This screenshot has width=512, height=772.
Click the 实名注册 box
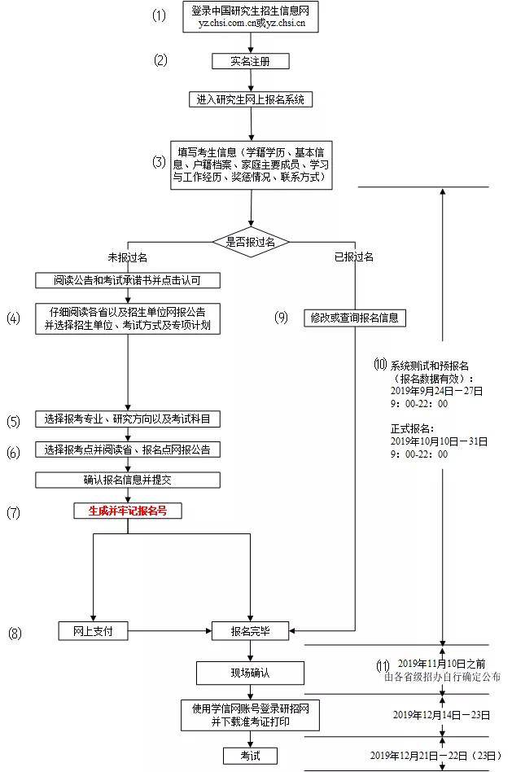coord(250,61)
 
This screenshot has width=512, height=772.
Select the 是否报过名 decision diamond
coord(251,242)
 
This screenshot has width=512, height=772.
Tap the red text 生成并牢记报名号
coord(128,511)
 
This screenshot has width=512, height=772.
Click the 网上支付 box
coord(93,630)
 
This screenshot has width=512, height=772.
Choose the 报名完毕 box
coord(250,630)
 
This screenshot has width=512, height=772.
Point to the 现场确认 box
coord(250,673)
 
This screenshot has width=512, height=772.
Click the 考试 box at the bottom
coord(250,756)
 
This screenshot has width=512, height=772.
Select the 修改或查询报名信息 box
coord(354,318)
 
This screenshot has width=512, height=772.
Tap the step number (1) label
coord(160,15)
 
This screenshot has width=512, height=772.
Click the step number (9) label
coord(282,318)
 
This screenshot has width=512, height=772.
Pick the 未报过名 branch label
coord(128,257)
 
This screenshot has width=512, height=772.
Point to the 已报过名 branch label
coord(353,257)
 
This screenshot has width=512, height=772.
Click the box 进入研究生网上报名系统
coord(250,99)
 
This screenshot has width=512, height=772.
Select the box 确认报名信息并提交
coord(128,480)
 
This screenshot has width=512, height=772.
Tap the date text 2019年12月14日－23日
coord(441,715)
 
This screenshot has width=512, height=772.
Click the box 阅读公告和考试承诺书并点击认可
coord(128,280)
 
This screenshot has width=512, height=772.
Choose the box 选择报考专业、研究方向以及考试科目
coord(128,419)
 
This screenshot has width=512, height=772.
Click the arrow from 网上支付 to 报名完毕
coord(167,630)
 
